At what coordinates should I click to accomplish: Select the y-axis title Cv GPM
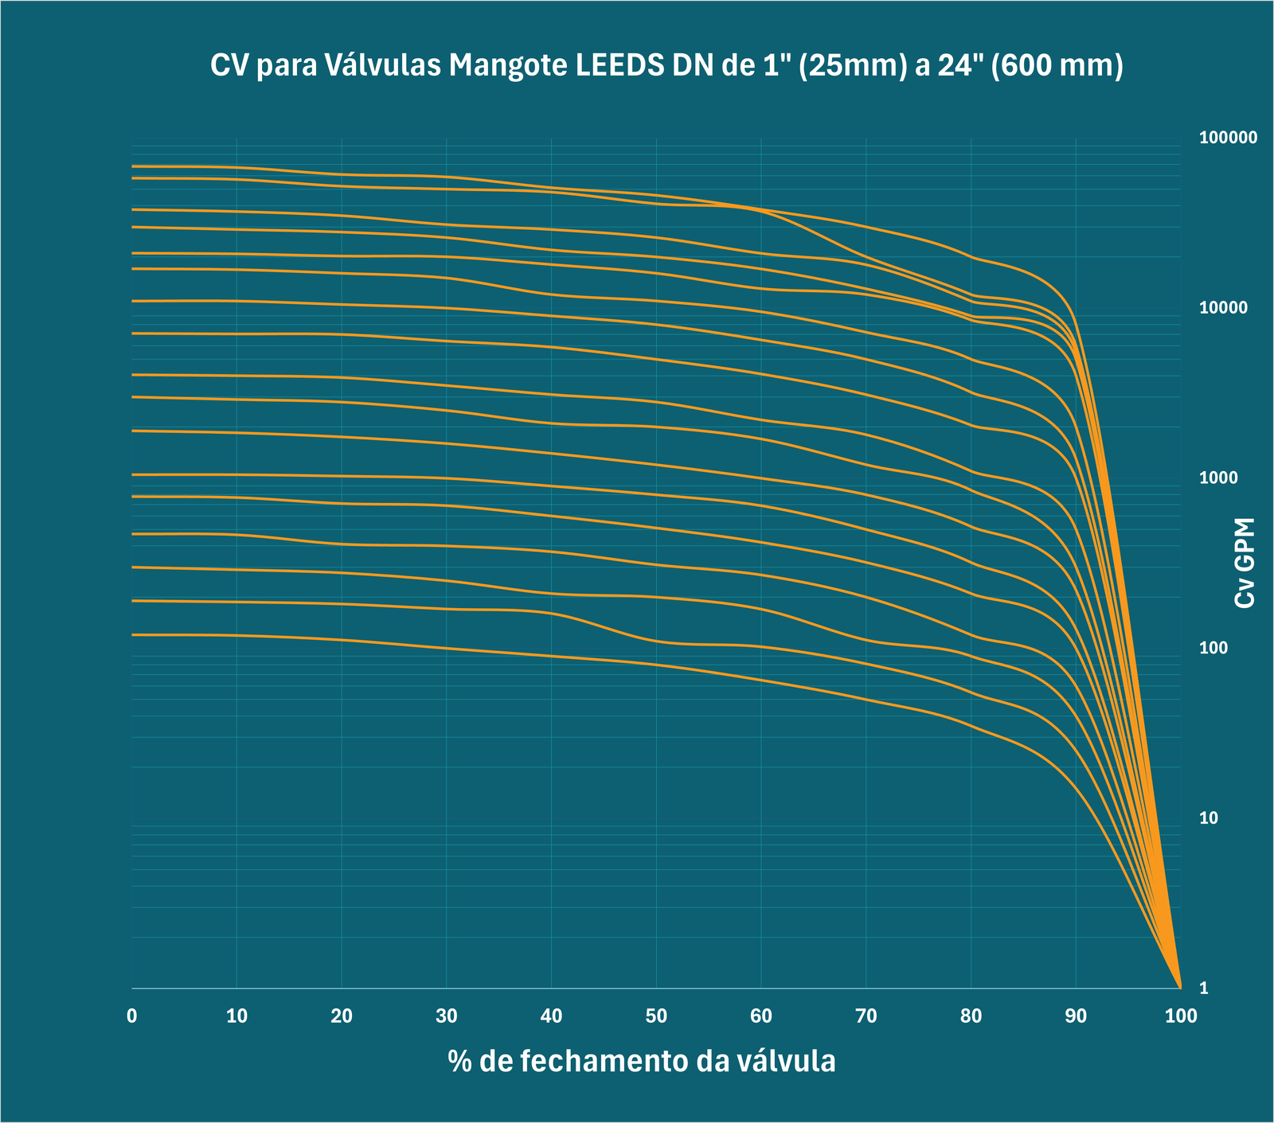(1245, 563)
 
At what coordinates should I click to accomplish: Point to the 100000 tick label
(1228, 138)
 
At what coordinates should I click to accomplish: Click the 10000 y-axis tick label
(1224, 308)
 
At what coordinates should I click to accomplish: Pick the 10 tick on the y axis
(1210, 818)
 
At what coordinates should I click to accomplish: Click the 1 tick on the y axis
(1204, 988)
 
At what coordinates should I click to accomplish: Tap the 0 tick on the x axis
(132, 1016)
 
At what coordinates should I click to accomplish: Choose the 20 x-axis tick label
(342, 1016)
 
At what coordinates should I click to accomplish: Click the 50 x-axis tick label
(656, 1016)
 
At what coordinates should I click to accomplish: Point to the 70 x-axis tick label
(866, 1016)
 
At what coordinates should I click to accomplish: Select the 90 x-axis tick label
(1076, 1016)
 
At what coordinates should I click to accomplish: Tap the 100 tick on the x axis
(1180, 1016)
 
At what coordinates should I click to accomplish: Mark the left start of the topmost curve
(133, 166)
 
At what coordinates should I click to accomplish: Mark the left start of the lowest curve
(133, 634)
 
